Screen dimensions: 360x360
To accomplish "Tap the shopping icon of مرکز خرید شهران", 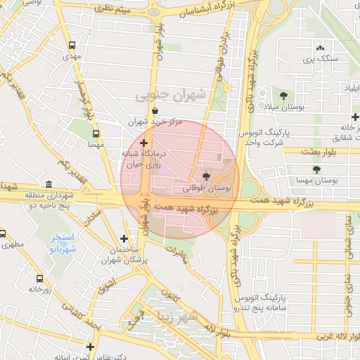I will coord(155,110).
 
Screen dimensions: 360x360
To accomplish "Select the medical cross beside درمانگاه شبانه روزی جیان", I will coord(145,143).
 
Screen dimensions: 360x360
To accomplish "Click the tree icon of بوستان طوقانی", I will coord(206,176).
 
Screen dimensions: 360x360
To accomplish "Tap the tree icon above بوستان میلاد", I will coord(283,95).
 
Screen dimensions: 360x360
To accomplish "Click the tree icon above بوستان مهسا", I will coord(317,169).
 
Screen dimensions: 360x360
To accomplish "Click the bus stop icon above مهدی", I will coord(72,44).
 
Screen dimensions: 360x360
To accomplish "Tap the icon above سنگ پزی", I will coord(320,48).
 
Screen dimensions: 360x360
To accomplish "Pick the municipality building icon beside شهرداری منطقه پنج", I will coord(48,184).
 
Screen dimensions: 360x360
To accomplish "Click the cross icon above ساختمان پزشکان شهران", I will coord(124,239).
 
